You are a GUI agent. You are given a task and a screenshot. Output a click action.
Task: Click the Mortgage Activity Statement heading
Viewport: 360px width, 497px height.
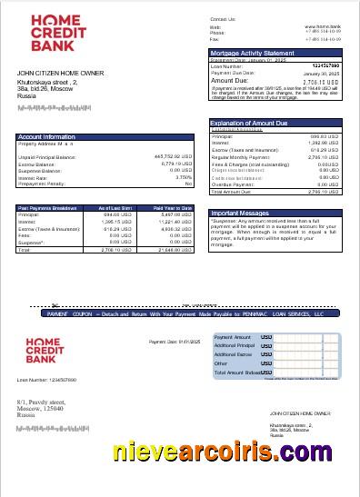coord(252,54)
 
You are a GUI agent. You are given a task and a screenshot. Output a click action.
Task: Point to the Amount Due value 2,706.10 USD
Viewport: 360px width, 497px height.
coord(320,81)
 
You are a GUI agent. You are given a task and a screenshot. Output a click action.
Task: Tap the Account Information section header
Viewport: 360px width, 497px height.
coord(47,137)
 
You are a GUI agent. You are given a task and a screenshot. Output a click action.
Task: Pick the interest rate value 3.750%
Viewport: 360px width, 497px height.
coord(183,177)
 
